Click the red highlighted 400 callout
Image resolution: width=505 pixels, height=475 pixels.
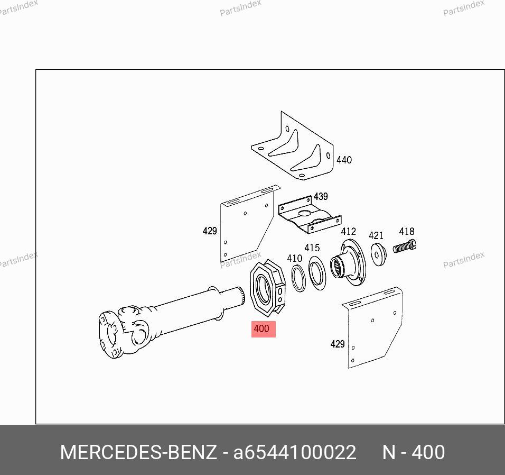coord(263,329)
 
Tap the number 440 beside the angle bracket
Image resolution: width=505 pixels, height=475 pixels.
coord(344,160)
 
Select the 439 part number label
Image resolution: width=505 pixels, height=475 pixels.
coord(321,196)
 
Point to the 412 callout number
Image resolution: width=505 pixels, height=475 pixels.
coord(348,232)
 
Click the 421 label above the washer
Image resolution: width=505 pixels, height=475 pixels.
coord(376,235)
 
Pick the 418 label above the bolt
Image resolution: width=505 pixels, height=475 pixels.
coord(406,231)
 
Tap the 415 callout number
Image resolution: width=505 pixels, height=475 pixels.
coord(312,248)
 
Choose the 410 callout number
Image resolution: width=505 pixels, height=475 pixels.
coord(294,258)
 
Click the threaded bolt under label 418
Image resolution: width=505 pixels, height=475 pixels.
coord(405,246)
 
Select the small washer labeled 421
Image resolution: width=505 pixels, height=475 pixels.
coord(378,254)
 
